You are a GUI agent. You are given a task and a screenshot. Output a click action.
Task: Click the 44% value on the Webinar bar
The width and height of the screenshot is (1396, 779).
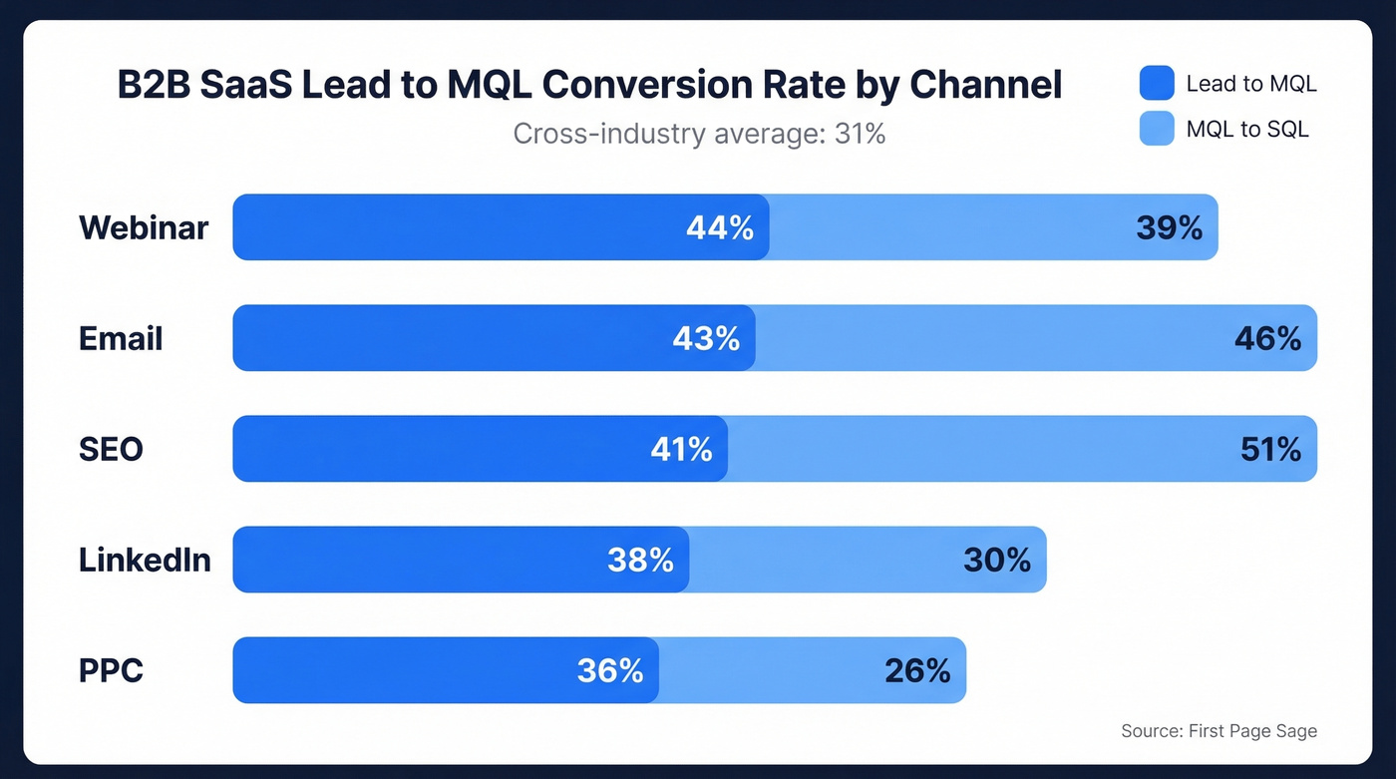720,227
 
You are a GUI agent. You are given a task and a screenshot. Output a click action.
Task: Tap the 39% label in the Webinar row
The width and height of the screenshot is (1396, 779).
1169,227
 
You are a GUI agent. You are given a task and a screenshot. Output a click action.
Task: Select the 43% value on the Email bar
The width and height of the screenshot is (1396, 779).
706,338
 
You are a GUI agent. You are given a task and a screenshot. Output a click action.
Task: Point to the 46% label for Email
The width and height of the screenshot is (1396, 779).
1267,338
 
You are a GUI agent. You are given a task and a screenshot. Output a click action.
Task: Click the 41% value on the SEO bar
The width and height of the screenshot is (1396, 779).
681,449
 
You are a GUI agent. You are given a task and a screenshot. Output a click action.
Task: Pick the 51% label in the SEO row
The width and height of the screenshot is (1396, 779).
1270,449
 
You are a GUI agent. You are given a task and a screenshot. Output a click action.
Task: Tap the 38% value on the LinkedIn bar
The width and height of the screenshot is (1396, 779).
640,560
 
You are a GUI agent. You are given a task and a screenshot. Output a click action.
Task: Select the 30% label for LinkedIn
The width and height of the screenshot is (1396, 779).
996,560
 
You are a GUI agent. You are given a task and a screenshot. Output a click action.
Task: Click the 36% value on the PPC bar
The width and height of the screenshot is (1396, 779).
610,670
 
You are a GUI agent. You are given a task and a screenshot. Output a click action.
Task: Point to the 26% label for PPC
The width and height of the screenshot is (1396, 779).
917,670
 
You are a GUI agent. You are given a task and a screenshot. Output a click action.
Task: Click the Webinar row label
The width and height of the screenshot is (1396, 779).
144,227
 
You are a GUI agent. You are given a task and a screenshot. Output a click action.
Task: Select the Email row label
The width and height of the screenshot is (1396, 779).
121,338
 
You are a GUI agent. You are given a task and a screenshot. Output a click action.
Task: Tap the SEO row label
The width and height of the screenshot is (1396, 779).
111,449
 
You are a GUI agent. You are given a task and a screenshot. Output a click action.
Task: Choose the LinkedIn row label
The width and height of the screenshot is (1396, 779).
145,560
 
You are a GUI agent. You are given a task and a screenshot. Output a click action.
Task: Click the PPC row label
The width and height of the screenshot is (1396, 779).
111,670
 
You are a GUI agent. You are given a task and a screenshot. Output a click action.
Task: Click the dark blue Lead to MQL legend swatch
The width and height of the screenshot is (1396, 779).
1157,84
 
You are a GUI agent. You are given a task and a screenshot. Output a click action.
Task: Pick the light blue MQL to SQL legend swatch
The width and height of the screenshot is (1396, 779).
1157,129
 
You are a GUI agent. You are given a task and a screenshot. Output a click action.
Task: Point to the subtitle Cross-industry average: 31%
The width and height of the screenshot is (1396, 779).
699,133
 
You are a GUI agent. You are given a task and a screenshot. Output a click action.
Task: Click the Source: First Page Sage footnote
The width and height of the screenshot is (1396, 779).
1219,731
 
